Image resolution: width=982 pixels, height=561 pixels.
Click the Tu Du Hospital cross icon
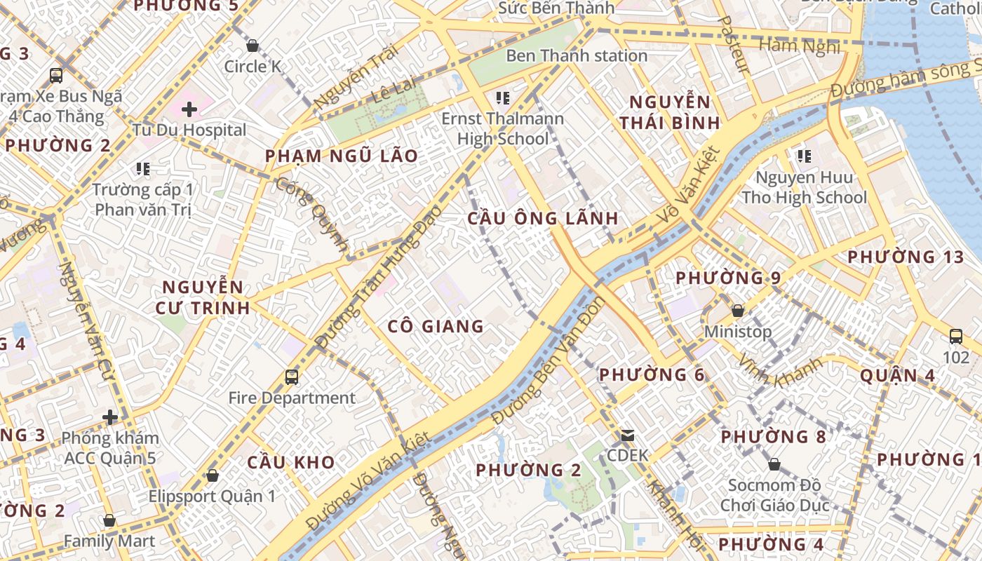pyautogui.click(x=189, y=109)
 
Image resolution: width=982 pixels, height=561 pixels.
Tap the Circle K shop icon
pyautogui.click(x=253, y=46)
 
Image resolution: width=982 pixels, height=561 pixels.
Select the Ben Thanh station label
pyautogui.click(x=577, y=55)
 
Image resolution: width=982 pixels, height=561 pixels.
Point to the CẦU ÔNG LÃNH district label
pyautogui.click(x=543, y=218)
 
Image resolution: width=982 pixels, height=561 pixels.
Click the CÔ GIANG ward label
pyautogui.click(x=436, y=326)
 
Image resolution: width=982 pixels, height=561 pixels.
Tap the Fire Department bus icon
pyautogui.click(x=292, y=377)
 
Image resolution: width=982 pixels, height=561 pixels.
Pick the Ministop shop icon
pyautogui.click(x=738, y=310)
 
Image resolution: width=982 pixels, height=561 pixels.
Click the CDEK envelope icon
pyautogui.click(x=627, y=435)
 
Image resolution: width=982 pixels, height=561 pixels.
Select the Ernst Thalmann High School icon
pyautogui.click(x=502, y=98)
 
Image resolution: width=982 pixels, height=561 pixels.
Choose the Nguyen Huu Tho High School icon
pyautogui.click(x=804, y=156)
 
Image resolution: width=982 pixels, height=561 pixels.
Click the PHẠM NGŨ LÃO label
pyautogui.click(x=342, y=156)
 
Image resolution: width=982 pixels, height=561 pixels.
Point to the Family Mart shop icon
pyautogui.click(x=109, y=520)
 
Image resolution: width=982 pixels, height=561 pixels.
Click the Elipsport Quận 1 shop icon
pyautogui.click(x=213, y=475)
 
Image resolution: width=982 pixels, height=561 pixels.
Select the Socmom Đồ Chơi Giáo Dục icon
pyautogui.click(x=774, y=464)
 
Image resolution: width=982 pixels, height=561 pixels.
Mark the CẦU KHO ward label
pyautogui.click(x=290, y=462)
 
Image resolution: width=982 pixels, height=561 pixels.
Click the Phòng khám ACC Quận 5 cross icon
pyautogui.click(x=110, y=417)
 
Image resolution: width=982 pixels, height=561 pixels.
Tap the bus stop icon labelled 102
pyautogui.click(x=955, y=336)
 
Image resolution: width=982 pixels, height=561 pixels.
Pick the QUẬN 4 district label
pyautogui.click(x=897, y=375)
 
